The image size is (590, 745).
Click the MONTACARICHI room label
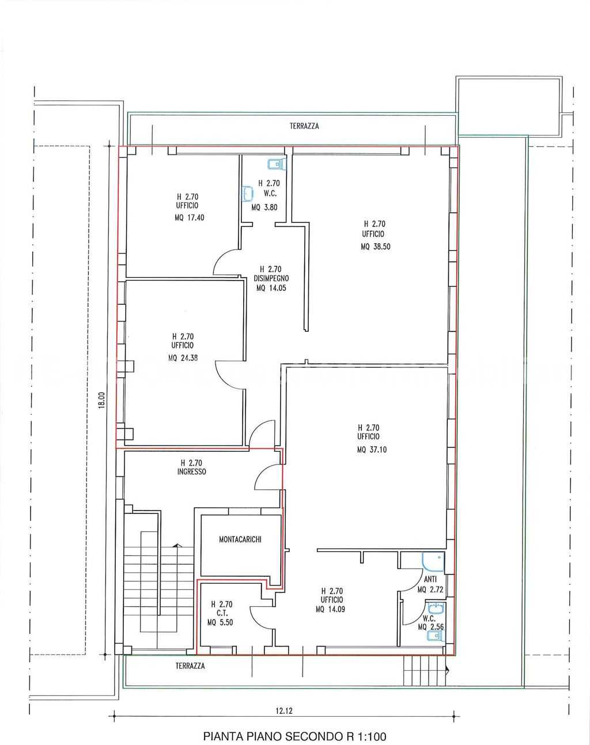pos(240,539)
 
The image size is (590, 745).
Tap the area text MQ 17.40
pos(190,218)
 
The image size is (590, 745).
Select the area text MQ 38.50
pos(375,247)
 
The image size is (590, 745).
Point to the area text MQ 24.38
pos(183,358)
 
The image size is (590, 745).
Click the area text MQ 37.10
pos(372,449)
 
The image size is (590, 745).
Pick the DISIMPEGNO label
pos(271,278)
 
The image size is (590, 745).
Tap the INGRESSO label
pos(191,471)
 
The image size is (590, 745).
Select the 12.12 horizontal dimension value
pos(284,711)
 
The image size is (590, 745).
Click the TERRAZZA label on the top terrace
pos(304,126)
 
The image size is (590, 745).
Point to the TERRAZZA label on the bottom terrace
pos(190,665)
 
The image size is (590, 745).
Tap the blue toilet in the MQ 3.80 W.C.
pos(277,164)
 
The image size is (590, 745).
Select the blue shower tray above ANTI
pos(433,562)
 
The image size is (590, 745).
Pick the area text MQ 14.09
pos(330,609)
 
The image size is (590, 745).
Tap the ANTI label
pos(430,579)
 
